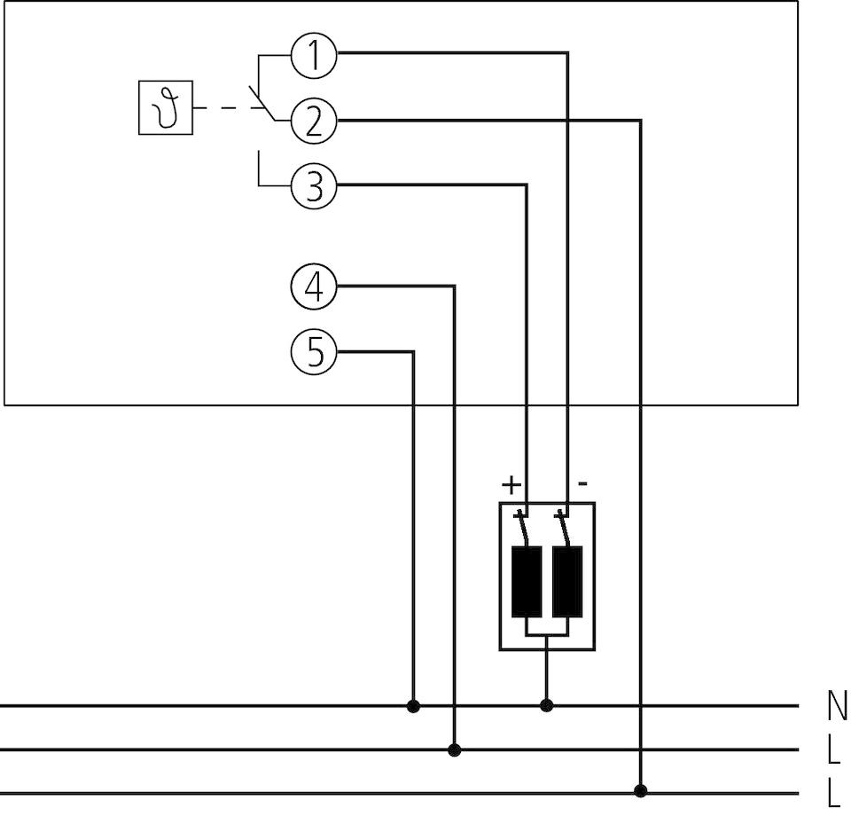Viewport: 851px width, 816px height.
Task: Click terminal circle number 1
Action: point(314,56)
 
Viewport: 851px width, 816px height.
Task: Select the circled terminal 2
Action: point(314,121)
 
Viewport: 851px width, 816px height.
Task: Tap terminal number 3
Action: point(314,186)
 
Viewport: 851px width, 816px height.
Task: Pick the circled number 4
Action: point(314,287)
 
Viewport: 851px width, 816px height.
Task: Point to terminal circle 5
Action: point(314,353)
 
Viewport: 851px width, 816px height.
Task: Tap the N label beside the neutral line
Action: point(836,707)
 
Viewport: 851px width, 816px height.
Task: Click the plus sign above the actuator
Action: point(511,484)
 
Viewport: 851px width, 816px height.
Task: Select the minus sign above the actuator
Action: point(582,484)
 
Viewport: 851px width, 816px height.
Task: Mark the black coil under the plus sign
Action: point(527,581)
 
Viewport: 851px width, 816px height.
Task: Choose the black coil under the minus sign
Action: point(567,581)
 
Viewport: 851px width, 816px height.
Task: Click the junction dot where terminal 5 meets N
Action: point(413,706)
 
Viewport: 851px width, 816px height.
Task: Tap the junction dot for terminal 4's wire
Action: point(455,750)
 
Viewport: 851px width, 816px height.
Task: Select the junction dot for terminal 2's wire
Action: point(641,790)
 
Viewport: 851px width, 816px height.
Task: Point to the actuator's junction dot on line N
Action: point(547,706)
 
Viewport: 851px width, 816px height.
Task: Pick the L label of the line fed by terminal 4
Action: point(834,752)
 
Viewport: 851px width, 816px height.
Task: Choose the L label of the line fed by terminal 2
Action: point(834,794)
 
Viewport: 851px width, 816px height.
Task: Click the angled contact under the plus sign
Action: point(525,530)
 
